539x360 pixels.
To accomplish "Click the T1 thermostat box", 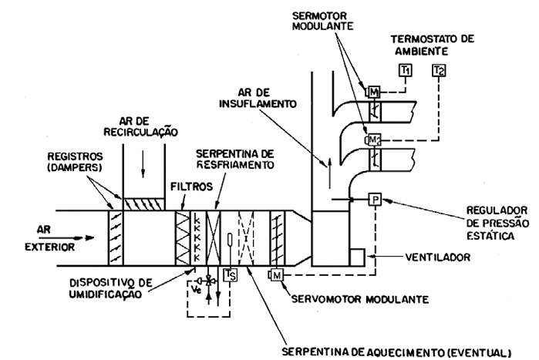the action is coord(406,70).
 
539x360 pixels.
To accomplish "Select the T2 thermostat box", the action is coord(439,70).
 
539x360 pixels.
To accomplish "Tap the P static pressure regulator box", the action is coord(375,199).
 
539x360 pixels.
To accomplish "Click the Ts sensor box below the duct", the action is coord(230,274).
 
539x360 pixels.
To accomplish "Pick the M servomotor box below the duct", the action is coord(277,274).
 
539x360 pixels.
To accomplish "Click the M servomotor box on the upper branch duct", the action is coord(374,92).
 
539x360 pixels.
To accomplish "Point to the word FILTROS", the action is coord(191,187).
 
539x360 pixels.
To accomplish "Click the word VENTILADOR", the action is coord(437,257).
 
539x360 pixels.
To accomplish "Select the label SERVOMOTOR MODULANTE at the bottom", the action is coord(360,299).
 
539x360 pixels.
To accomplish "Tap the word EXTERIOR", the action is coord(49,247).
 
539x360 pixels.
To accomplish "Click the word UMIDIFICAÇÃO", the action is coord(105,294).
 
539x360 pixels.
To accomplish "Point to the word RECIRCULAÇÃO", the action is coord(140,132).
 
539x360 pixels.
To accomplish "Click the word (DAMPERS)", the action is coord(74,167).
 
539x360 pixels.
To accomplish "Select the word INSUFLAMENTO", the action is coord(258,103).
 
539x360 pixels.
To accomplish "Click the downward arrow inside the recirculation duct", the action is coord(143,167).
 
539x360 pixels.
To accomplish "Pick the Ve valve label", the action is coord(196,290).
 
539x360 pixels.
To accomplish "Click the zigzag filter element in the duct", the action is coord(183,237).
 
